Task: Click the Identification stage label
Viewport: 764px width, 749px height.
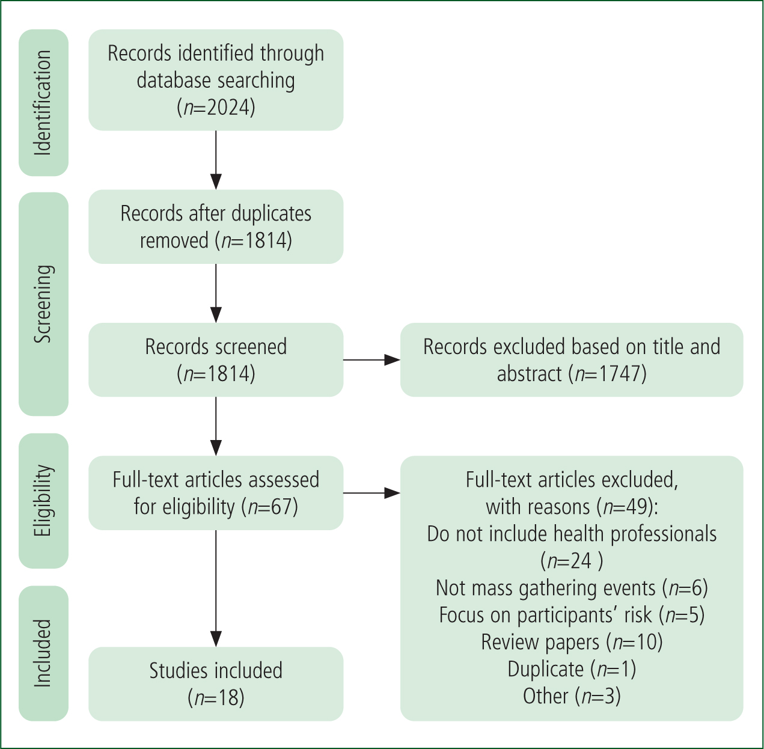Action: tap(43, 103)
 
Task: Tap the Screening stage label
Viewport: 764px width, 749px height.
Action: tap(43, 304)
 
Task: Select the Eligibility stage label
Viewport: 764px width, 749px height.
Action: tap(43, 501)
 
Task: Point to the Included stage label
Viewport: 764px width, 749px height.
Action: tap(43, 653)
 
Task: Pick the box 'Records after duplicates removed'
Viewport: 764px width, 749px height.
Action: tap(216, 227)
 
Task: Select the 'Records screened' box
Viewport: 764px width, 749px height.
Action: tap(216, 360)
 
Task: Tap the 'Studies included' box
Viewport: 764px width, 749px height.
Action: tap(216, 684)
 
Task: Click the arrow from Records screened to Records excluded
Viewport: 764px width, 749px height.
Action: tap(372, 360)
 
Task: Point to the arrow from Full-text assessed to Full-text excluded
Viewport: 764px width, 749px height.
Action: tap(372, 494)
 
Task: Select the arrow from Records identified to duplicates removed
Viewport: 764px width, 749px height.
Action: tap(216, 160)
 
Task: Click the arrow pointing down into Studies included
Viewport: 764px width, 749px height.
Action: tap(216, 588)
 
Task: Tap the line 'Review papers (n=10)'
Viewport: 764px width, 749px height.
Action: tap(572, 641)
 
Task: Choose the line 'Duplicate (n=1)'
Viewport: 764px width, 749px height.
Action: tap(572, 668)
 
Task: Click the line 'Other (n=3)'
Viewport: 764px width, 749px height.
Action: tap(572, 695)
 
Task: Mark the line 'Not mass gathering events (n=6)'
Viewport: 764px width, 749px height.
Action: tap(572, 588)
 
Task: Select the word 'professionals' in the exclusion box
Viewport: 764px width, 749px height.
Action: tap(663, 534)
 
